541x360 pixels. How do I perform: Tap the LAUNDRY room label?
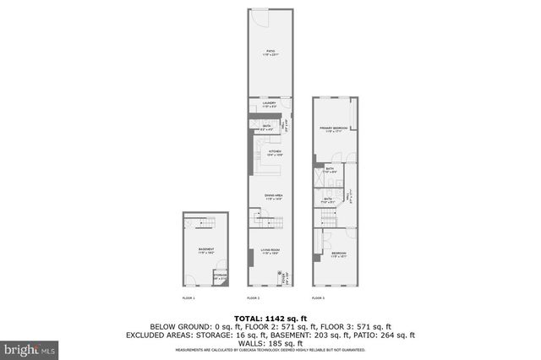[270, 106]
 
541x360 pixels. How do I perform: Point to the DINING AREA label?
[272, 196]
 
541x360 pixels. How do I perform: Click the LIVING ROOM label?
[270, 251]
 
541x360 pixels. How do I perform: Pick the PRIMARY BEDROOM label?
[335, 129]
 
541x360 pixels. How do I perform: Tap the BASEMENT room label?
[206, 250]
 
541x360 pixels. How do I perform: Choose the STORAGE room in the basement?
[220, 276]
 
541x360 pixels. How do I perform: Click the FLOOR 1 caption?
[189, 298]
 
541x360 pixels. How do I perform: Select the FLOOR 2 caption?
[253, 298]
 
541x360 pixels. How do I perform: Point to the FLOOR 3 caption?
[318, 298]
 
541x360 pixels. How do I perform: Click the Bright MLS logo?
[30, 347]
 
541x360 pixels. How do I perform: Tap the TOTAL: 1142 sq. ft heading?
[270, 318]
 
